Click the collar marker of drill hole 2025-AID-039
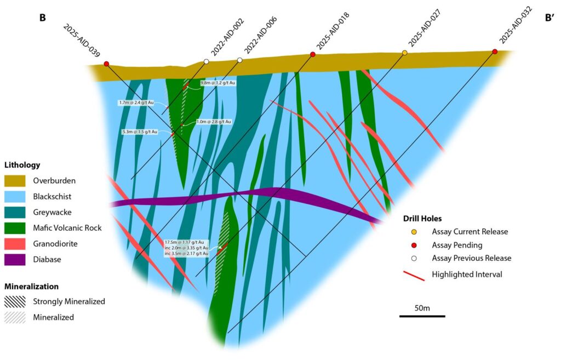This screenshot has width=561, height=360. coord(106,64)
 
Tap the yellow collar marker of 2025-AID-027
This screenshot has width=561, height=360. coord(405,53)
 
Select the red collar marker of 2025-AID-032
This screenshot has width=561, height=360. coord(495,52)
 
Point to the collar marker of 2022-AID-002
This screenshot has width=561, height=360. coord(206,61)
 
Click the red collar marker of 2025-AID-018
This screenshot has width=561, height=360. coord(313,54)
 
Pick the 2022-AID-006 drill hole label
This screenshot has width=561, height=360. coord(261,35)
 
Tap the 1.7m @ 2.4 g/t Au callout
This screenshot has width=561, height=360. coord(136,102)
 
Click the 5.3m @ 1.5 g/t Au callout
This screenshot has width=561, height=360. coord(140,132)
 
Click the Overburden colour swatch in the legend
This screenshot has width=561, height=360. coord(18,180)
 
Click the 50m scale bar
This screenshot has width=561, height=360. coord(422,316)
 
